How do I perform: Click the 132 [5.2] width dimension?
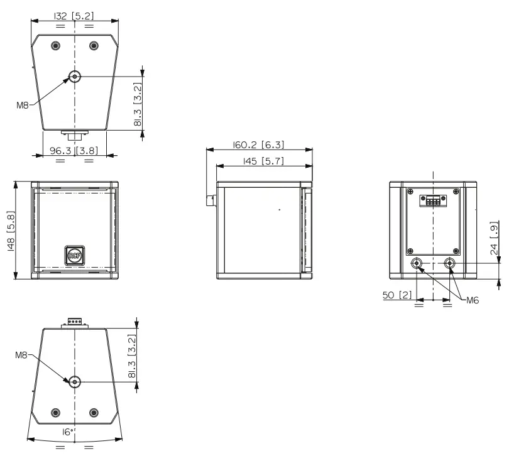(74, 16)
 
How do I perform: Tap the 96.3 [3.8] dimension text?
(74, 151)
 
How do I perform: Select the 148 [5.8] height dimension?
(10, 231)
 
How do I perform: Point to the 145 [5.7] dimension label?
(263, 161)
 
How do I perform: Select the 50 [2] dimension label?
(397, 295)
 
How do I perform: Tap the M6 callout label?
(473, 300)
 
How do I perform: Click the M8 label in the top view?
(22, 106)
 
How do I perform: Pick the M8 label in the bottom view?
(22, 356)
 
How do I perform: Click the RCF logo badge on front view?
(74, 255)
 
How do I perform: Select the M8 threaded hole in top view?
(75, 77)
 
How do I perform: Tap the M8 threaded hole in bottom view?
(75, 381)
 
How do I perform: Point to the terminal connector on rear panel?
(433, 201)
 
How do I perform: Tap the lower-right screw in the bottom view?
(94, 412)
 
